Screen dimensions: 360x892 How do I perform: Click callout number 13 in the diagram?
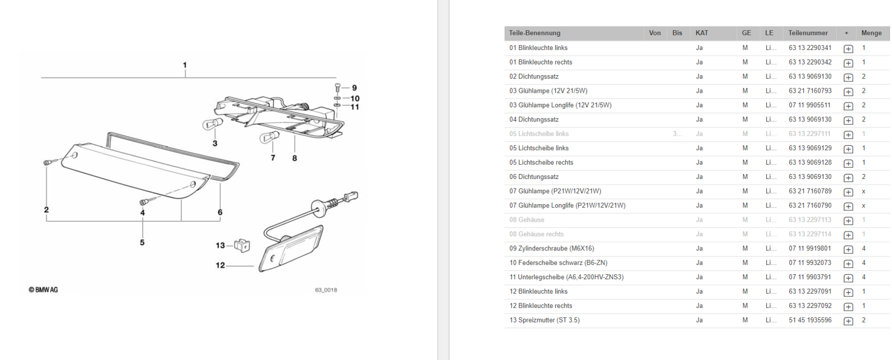click(220, 245)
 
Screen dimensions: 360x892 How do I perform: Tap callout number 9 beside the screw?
click(354, 88)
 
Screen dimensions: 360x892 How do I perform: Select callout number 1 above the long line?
click(185, 65)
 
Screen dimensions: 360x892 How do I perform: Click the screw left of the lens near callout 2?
click(47, 163)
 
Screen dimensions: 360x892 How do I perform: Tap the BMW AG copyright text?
click(43, 290)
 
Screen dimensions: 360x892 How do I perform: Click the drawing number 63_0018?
click(326, 290)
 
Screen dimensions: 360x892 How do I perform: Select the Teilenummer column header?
click(808, 33)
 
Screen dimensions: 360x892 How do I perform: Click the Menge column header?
click(871, 33)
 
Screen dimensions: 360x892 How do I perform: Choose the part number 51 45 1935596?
click(810, 321)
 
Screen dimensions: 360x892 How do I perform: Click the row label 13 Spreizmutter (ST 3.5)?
click(545, 321)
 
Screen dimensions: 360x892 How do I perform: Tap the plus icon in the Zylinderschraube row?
click(848, 249)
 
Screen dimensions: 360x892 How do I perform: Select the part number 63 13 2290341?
click(810, 48)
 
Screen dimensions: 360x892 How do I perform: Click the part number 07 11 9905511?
click(810, 105)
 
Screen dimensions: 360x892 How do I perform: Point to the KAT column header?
click(702, 33)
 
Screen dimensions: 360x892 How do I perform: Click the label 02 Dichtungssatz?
click(534, 76)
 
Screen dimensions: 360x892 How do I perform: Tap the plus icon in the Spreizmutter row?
click(848, 321)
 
